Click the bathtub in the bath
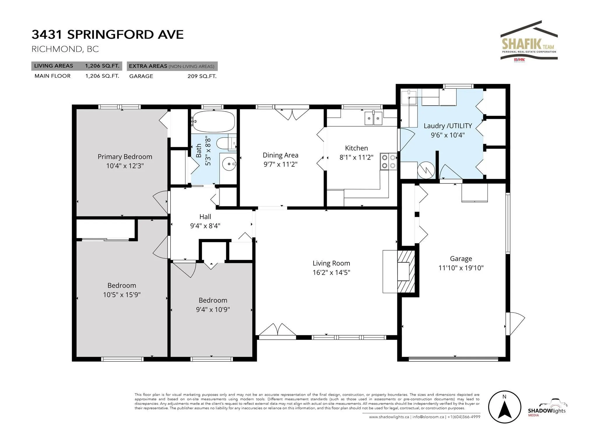coord(214,121)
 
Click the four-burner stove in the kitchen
coord(389,162)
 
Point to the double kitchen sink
coord(373,118)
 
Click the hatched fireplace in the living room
coord(405,271)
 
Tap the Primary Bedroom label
coord(125,157)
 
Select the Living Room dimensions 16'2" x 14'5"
coord(331,272)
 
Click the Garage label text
coord(461,259)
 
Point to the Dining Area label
coord(280,155)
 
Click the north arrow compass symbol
coord(505,407)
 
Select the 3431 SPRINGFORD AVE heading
coord(108,34)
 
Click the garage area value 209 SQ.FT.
coord(202,76)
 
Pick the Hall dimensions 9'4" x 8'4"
coord(205,226)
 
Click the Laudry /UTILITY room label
coord(448,126)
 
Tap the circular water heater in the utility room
coord(426,170)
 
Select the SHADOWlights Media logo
coord(547,408)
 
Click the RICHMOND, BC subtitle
coord(65,49)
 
